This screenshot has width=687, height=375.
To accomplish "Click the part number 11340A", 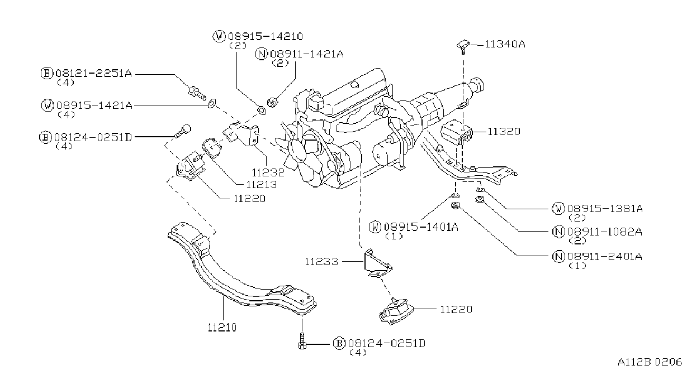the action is click(505, 45).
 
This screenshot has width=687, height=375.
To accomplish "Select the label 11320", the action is click(504, 132).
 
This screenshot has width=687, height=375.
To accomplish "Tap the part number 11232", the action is click(268, 172).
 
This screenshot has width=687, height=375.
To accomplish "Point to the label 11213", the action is click(262, 185).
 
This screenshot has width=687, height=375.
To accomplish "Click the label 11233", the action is click(321, 262).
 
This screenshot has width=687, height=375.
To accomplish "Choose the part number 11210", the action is click(222, 328).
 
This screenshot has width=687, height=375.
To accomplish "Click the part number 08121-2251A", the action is click(93, 74).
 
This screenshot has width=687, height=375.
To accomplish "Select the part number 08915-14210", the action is click(266, 37).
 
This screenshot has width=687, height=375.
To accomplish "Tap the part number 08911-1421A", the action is click(307, 54).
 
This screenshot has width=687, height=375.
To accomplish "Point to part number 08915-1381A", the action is click(605, 209).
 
